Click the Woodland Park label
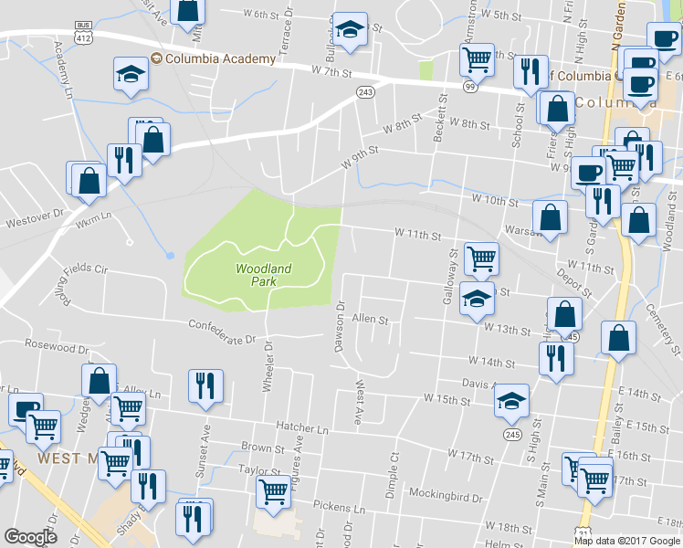(263, 275)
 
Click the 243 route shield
(365, 92)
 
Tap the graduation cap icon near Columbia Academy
(131, 73)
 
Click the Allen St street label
(371, 321)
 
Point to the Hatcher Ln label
(302, 428)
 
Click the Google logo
(31, 537)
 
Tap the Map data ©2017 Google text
(627, 541)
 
